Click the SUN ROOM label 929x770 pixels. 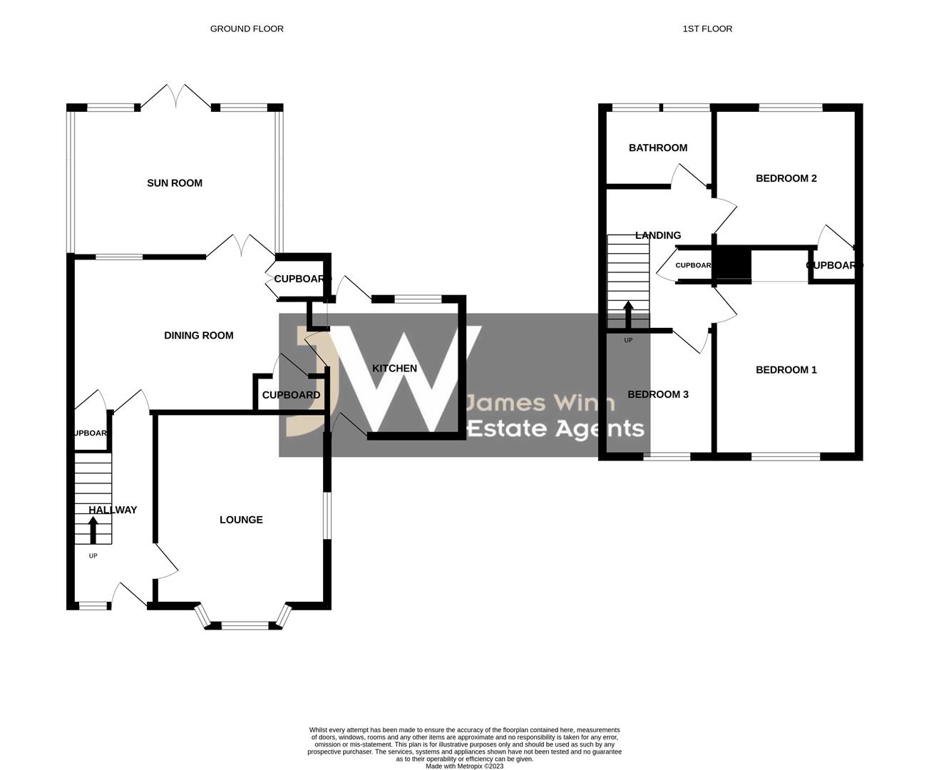[175, 183]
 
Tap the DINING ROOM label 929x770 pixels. [198, 336]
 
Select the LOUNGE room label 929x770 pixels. [241, 520]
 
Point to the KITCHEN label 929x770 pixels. [394, 369]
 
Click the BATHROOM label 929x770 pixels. [657, 148]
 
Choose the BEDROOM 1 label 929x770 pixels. [786, 370]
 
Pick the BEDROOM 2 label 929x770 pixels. [786, 178]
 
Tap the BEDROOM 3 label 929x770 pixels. [657, 394]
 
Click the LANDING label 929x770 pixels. [657, 235]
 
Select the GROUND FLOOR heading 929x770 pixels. [247, 29]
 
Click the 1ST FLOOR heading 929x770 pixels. [707, 29]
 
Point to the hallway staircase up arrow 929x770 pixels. [93, 530]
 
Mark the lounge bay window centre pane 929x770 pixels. [245, 626]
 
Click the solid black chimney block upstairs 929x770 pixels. [732, 265]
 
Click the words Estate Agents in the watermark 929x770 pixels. [555, 428]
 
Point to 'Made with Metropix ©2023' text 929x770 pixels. [464, 766]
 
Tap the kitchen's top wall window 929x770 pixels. [418, 299]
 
